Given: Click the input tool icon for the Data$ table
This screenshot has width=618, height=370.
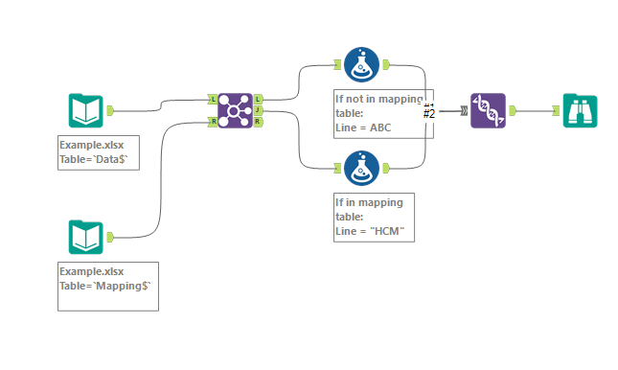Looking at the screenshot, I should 85,111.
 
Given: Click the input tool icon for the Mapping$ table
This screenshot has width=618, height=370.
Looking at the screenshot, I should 85,237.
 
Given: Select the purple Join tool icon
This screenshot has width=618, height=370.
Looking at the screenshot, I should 235,110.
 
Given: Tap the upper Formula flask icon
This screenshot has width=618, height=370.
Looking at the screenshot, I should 361,64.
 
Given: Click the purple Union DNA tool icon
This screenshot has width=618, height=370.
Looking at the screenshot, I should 488,110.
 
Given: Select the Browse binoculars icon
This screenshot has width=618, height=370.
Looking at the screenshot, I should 580,110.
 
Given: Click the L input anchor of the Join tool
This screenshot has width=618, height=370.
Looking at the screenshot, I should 212,99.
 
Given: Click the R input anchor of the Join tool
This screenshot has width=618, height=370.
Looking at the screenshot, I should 212,122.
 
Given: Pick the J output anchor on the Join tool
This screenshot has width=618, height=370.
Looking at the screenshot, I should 259,110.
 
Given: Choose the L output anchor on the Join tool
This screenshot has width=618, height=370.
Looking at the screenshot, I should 259,99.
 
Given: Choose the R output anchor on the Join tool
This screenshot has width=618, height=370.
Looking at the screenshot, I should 259,122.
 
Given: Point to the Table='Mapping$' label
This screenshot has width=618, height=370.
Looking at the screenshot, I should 105,285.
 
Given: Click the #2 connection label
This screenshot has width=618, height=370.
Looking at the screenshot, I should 429,114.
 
